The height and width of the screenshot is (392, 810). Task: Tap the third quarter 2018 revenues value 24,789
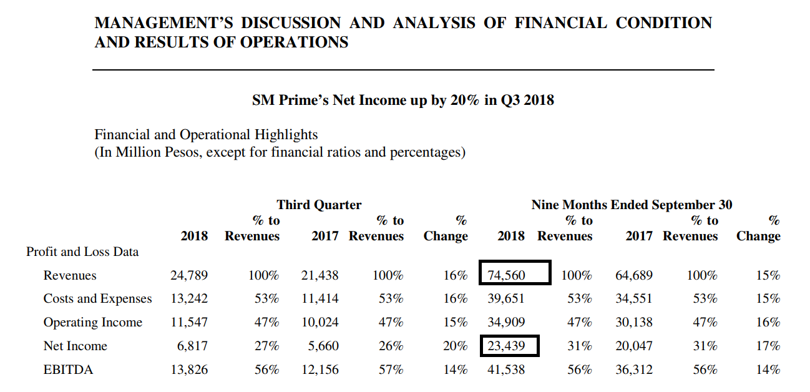tap(189, 275)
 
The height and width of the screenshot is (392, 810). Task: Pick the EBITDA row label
tap(68, 370)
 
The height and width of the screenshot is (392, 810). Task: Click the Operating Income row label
tap(92, 323)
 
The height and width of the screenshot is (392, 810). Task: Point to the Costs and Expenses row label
tap(97, 299)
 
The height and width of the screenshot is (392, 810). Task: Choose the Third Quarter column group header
tap(319, 205)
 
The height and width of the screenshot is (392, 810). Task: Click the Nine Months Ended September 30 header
tap(632, 205)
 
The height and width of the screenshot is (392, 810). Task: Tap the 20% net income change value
tap(455, 346)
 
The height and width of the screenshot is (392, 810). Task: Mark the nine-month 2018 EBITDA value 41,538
tap(505, 370)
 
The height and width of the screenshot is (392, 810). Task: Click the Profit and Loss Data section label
tap(82, 252)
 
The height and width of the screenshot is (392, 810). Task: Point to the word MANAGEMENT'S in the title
tap(163, 24)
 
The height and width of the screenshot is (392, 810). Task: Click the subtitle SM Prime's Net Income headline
tap(403, 100)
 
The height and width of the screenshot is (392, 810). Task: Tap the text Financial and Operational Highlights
tap(206, 135)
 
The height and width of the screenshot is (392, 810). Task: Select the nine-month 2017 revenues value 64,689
tap(634, 275)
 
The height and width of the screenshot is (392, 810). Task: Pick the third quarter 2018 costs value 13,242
tap(189, 299)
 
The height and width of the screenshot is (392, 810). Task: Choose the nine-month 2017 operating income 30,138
tap(634, 323)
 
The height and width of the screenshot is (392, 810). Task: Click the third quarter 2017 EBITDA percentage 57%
tap(391, 370)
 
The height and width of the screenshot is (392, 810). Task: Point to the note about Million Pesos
tap(280, 152)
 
